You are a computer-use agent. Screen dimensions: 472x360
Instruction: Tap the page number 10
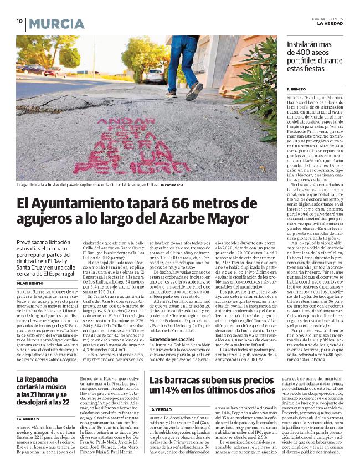click(x=18, y=22)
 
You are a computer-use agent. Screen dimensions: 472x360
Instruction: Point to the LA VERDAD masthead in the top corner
click(x=330, y=23)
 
